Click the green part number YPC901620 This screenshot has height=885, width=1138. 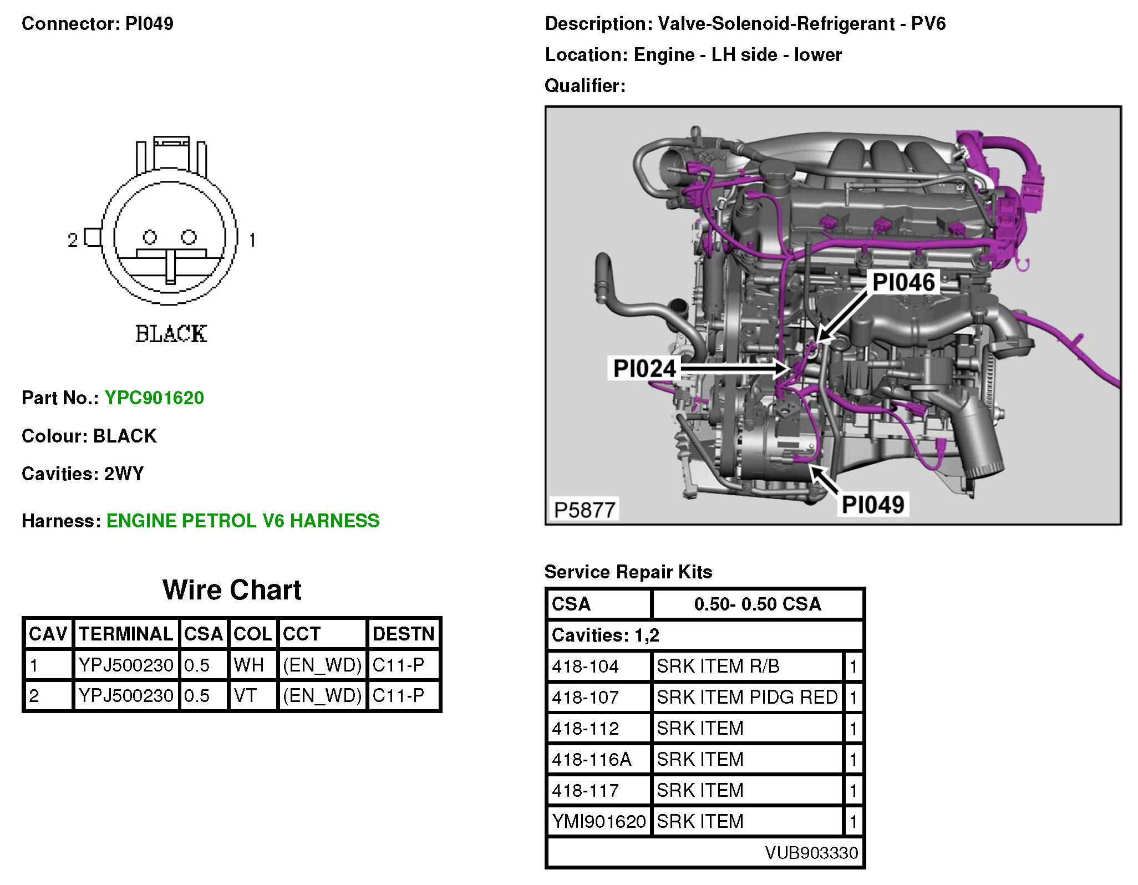pos(154,398)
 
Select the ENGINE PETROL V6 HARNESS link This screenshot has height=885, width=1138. pos(243,521)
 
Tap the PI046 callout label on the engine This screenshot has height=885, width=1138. pos(903,282)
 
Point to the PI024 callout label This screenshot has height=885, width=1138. pos(644,369)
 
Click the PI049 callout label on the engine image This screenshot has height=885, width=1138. pos(873,505)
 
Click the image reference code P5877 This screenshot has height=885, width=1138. pos(585,510)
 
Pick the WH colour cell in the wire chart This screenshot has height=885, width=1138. pos(249,665)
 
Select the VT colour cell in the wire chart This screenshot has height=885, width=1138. pos(246,695)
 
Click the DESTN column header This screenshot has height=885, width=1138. pos(403,634)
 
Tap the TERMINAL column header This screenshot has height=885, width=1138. pos(126,634)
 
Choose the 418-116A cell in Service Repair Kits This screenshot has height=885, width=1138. pos(592,759)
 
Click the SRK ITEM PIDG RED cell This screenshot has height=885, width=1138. pos(747,697)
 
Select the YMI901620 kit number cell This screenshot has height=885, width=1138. pos(599,821)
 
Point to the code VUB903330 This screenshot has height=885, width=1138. pos(811,853)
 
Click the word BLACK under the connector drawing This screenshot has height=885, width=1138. pos(171,334)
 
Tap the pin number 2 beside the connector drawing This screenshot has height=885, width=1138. pos(73,240)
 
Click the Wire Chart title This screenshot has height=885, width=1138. pos(232,590)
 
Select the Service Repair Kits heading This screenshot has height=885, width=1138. pos(628,572)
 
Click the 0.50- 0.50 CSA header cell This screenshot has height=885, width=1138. pos(758,604)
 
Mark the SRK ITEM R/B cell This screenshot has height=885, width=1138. pos(718,666)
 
